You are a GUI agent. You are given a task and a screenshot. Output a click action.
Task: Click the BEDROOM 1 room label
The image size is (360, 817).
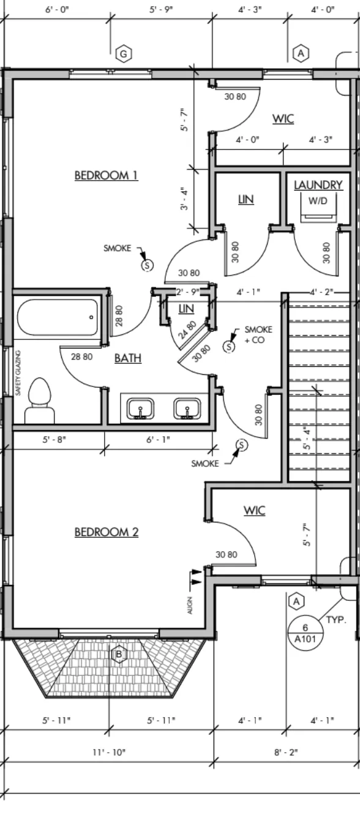coord(106,175)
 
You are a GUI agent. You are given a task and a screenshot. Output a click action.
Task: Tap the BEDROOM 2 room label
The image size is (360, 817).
coord(107,532)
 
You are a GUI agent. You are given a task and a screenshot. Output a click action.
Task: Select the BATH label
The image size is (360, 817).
coord(128,358)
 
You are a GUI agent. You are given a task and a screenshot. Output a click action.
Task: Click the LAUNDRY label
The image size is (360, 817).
coord(318,185)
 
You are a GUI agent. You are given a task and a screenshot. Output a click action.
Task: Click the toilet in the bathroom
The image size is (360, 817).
coord(39,401)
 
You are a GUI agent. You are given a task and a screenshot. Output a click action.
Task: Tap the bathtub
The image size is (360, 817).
coord(58,317)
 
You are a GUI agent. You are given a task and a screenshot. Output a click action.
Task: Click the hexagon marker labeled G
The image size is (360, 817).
coord(124,55)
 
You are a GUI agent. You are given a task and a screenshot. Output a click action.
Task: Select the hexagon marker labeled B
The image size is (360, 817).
coord(119,655)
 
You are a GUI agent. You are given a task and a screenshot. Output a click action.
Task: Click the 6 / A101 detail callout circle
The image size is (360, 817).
coord(306,633)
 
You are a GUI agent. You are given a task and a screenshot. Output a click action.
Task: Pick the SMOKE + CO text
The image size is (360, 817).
coord(258,335)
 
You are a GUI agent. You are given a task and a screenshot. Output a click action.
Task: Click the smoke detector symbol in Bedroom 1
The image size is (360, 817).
coord(147,265)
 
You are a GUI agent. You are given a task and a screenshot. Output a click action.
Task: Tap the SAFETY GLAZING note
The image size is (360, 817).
coord(18,373)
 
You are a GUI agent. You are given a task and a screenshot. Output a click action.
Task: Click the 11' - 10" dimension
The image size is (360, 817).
coord(109,752)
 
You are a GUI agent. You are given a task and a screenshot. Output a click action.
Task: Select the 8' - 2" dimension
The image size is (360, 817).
coord(286,752)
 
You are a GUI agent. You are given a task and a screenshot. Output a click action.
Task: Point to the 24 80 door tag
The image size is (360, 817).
coord(187,330)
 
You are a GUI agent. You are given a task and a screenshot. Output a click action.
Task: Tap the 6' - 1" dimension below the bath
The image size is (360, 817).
coord(158,440)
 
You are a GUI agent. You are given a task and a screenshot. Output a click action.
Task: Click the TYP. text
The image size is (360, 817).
coord(336,620)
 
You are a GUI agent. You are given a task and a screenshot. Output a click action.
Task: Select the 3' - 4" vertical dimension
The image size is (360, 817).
coord(184,199)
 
